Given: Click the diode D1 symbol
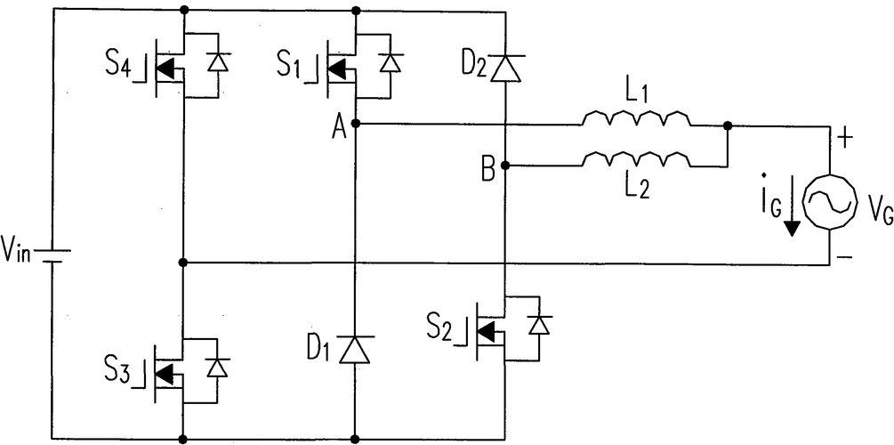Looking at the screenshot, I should pos(355,349).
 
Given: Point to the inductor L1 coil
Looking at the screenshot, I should pos(635,118).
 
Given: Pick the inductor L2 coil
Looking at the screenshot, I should pos(635,159).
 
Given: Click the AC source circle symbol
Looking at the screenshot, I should pos(829,202).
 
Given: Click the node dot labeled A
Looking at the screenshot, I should pos(355,125).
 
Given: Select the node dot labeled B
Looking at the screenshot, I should pos(504,166).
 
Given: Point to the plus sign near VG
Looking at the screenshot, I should pos(843,138).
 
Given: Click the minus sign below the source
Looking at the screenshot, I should pos(843,258).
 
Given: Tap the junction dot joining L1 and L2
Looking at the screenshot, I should pos(728,125).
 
